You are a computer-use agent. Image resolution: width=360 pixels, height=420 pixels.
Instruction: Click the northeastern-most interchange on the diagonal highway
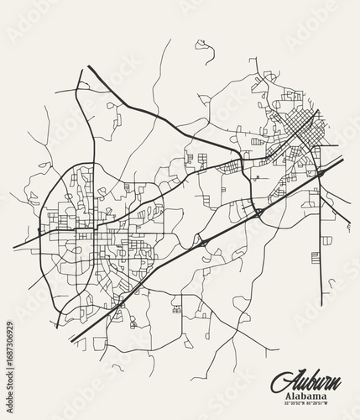click(x=321, y=172)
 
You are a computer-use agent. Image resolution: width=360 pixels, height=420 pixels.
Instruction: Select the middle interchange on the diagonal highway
click(x=258, y=212)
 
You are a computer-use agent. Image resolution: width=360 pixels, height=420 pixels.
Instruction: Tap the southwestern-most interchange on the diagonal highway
click(x=202, y=244)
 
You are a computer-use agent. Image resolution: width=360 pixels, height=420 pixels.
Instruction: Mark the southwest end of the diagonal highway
click(x=70, y=339)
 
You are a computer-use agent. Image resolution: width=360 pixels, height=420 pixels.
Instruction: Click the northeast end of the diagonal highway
click(x=342, y=158)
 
